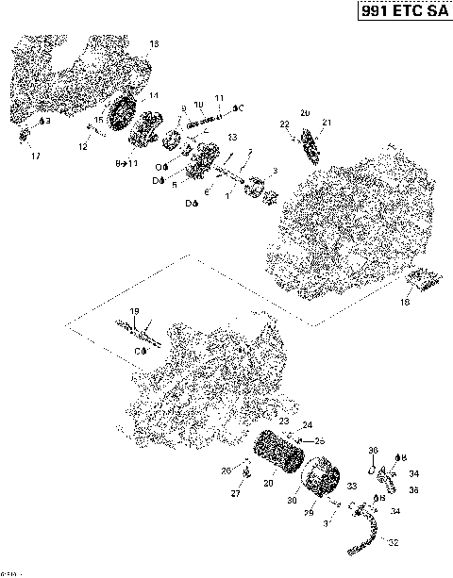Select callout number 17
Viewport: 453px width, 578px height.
tap(36, 156)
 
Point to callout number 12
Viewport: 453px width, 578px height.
tap(83, 147)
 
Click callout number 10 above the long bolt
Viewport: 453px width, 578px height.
tap(198, 104)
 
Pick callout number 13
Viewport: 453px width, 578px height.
tap(231, 138)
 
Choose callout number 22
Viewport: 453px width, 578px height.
tap(284, 124)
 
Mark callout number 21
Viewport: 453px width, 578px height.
tap(327, 124)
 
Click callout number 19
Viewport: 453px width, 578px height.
tap(134, 311)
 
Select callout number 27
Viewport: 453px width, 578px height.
tap(236, 492)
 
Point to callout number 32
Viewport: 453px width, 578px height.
tap(393, 543)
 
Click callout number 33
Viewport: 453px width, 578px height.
tap(352, 486)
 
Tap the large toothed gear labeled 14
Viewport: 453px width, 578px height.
tap(120, 121)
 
